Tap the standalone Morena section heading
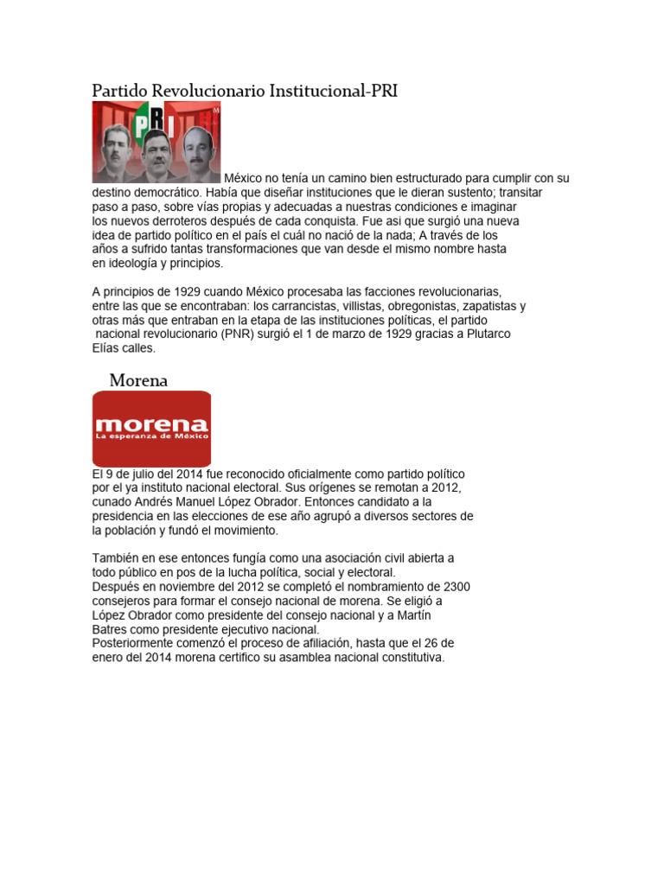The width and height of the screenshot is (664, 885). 138,380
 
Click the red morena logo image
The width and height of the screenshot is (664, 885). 151,429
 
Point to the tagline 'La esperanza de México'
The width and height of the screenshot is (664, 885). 151,436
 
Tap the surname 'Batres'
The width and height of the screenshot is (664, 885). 111,629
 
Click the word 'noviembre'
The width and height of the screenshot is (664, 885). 189,586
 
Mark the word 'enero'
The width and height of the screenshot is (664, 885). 109,657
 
